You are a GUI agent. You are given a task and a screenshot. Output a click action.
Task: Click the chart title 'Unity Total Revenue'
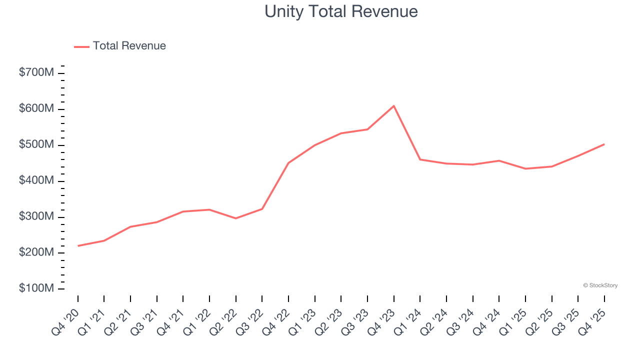click(341, 11)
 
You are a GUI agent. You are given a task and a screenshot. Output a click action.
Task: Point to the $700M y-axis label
click(36, 73)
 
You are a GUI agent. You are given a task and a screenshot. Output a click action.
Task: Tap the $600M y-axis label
click(36, 109)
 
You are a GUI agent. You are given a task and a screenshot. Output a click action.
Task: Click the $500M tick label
click(36, 145)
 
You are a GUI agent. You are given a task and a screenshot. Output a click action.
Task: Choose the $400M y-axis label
click(36, 181)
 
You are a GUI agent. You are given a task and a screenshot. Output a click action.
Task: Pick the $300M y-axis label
click(36, 217)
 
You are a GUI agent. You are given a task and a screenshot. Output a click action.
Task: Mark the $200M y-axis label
click(36, 253)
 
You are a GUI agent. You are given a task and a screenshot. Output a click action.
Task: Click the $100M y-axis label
click(36, 289)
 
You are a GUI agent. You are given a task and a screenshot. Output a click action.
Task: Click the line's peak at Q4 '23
click(394, 106)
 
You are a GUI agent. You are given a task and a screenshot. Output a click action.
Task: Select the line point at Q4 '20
click(78, 246)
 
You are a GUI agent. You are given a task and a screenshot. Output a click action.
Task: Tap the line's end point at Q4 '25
click(604, 144)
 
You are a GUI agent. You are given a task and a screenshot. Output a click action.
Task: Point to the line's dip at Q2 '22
click(236, 218)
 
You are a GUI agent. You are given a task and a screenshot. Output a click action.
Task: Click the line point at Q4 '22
click(288, 163)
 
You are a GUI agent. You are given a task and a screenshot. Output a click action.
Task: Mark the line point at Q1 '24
click(420, 159)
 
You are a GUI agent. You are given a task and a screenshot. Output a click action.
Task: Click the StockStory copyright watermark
click(600, 285)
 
